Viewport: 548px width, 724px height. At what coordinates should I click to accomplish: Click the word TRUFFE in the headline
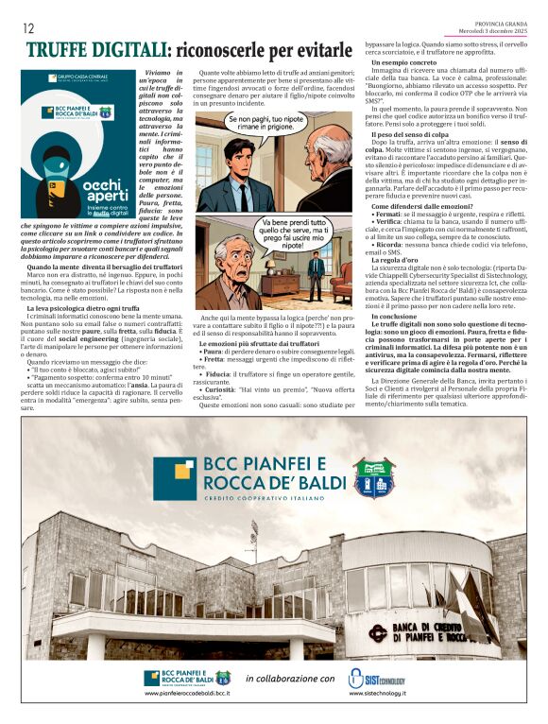pos(63,51)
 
